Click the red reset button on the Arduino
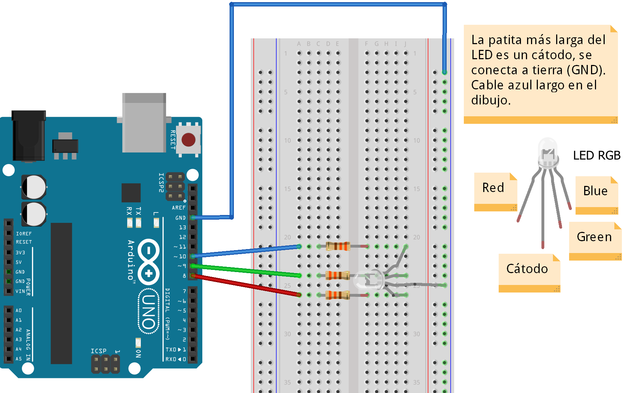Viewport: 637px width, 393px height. click(x=188, y=140)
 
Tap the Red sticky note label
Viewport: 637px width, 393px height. click(x=493, y=188)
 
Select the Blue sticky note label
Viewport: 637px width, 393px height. click(x=595, y=191)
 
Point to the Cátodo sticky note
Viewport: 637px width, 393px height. click(x=527, y=269)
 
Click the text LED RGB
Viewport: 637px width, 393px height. click(x=596, y=155)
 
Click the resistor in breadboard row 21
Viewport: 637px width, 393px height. click(x=338, y=246)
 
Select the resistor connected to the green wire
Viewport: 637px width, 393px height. click(x=337, y=275)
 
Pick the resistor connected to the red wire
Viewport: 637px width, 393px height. click(x=337, y=295)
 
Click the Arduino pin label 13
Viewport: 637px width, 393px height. click(x=183, y=228)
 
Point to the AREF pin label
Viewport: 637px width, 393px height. click(x=179, y=208)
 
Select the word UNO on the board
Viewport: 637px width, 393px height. click(x=149, y=312)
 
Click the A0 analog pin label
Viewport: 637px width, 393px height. click(x=19, y=310)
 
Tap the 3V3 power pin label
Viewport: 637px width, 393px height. click(x=20, y=253)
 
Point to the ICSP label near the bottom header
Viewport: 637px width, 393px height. click(x=98, y=351)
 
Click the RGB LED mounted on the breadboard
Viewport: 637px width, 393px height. click(x=368, y=280)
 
